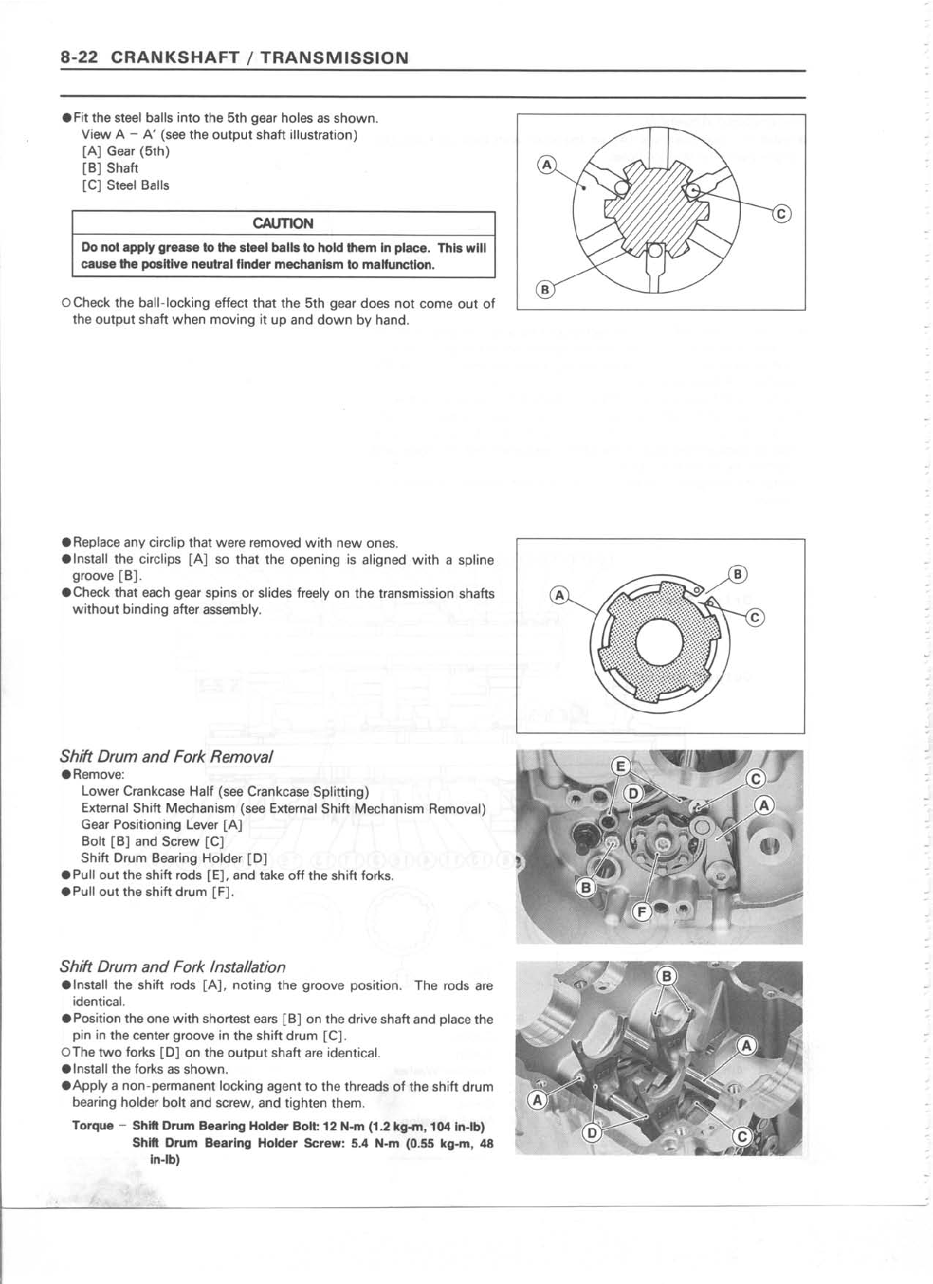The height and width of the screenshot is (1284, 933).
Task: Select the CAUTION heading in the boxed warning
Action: click(x=283, y=223)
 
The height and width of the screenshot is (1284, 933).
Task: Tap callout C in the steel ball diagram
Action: click(x=782, y=214)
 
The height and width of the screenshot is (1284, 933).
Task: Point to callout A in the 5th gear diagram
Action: click(x=547, y=165)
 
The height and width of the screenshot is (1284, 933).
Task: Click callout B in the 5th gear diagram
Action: click(x=544, y=290)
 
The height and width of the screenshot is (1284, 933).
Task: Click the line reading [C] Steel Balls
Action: click(x=125, y=185)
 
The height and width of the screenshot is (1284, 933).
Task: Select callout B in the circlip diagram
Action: click(x=738, y=574)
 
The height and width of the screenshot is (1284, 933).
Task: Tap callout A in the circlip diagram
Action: click(x=559, y=595)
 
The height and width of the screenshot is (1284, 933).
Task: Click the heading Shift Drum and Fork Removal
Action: click(x=166, y=757)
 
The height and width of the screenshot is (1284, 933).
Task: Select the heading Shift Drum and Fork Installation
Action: click(x=172, y=967)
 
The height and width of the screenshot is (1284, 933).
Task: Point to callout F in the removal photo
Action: click(x=642, y=911)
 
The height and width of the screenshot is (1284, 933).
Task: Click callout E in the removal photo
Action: click(x=622, y=766)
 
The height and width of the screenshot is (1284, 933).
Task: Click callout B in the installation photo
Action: click(x=666, y=977)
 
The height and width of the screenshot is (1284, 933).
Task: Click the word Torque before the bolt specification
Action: click(x=93, y=1126)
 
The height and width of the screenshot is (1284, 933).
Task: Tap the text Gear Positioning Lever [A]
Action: click(x=162, y=825)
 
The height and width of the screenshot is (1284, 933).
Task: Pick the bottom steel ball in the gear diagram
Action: click(x=655, y=250)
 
